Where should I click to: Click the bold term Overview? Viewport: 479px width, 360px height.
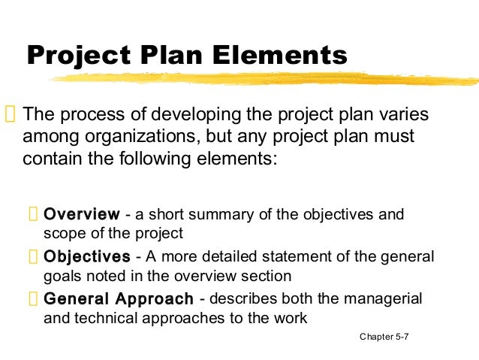pos(82,215)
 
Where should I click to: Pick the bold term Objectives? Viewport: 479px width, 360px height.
pos(87,257)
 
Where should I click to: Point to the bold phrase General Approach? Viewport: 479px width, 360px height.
pos(119,298)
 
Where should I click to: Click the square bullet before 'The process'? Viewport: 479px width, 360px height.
pos(10,116)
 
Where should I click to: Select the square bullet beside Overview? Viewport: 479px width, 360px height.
pos(33,216)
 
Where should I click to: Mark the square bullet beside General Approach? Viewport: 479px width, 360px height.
pos(33,299)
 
